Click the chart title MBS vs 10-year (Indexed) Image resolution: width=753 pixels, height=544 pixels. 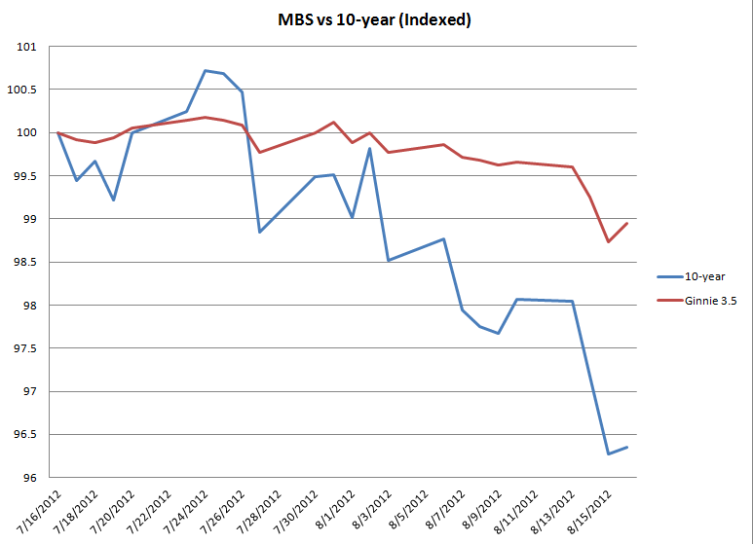pos(376,19)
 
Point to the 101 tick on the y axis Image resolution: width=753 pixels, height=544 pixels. pos(26,47)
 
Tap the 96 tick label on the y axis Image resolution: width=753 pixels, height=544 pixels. pos(29,478)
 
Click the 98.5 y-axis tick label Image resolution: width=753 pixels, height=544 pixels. pos(23,263)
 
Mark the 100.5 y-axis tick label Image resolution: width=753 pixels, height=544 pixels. pos(21,90)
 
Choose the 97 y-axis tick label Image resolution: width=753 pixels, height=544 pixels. pos(29,392)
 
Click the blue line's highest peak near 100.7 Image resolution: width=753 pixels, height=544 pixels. pos(206,70)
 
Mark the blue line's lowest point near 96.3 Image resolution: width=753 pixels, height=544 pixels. pos(609,453)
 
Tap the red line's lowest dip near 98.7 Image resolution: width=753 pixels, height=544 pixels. pos(608,241)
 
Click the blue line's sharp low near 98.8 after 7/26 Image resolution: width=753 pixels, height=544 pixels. pos(260,232)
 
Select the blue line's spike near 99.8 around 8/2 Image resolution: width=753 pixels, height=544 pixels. pos(370,148)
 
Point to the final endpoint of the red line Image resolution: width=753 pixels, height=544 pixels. pos(626,223)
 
